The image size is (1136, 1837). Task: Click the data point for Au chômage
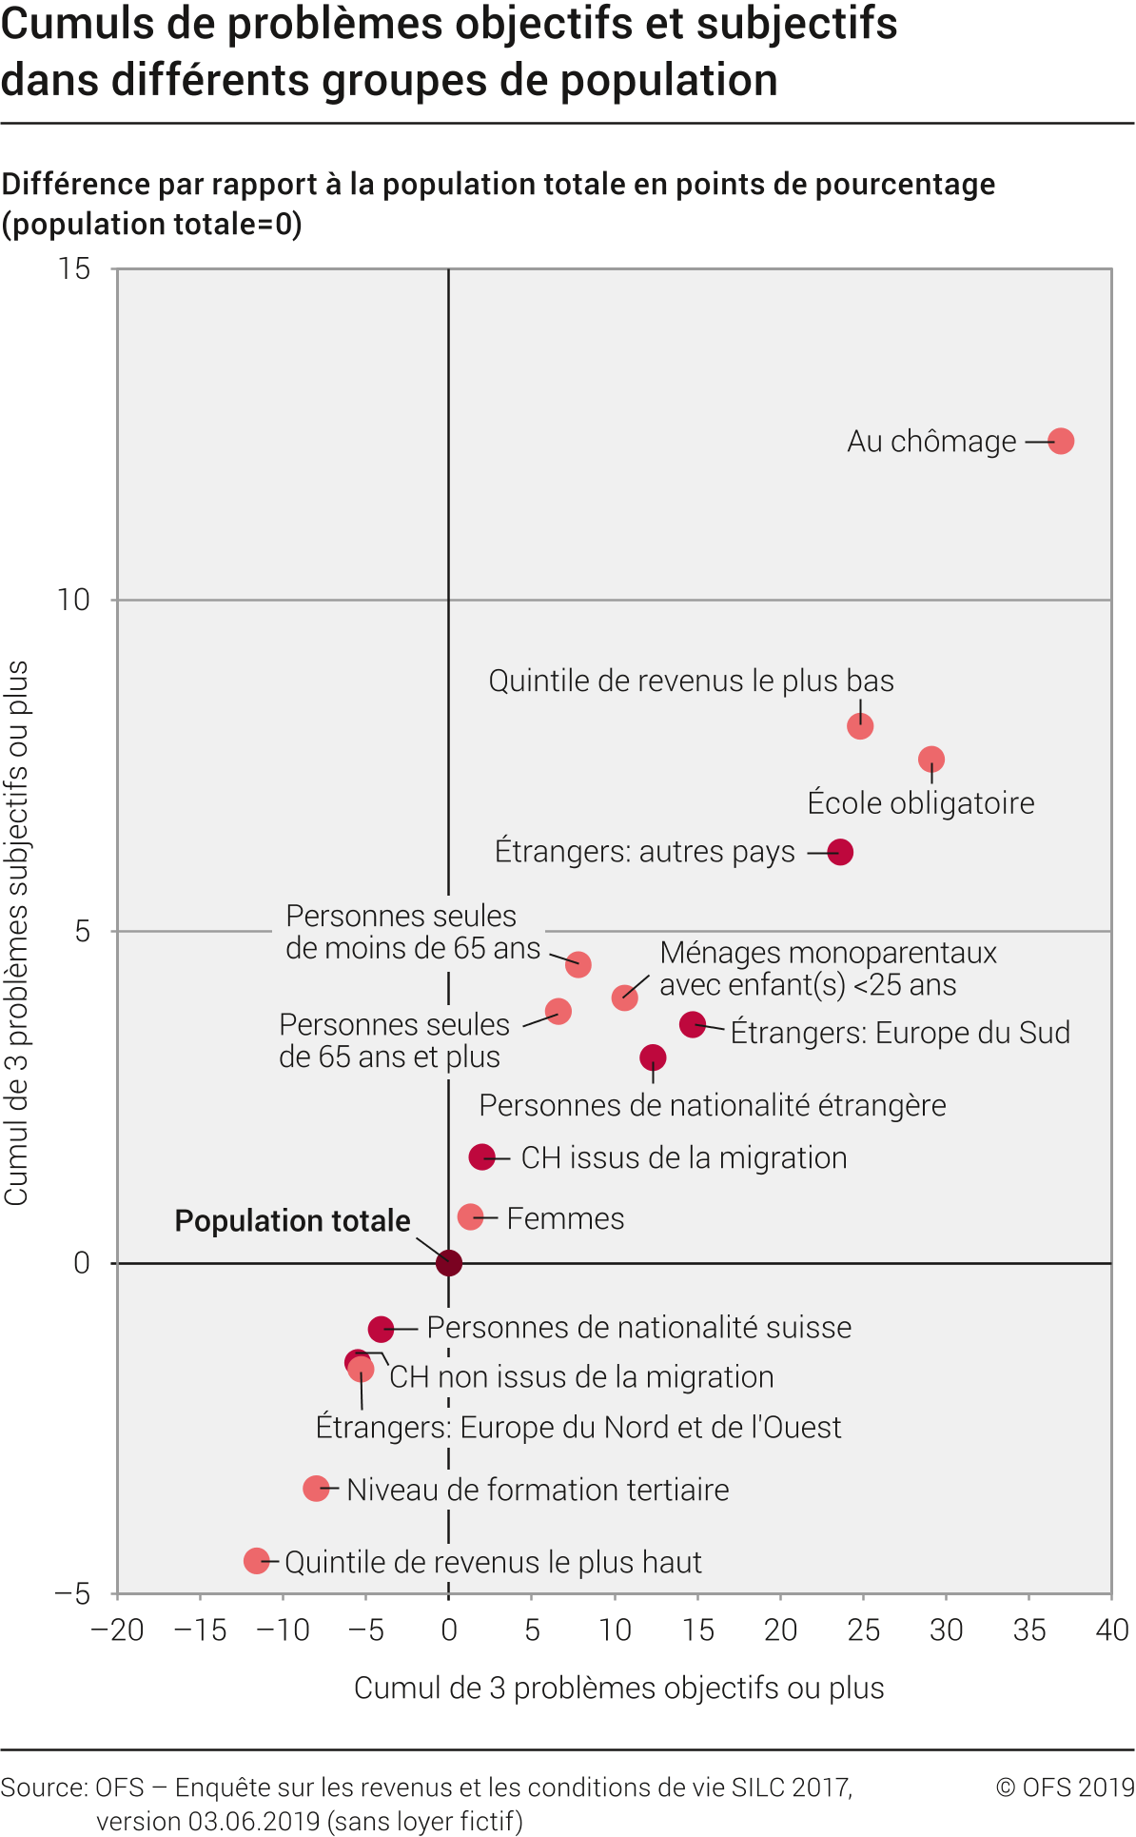click(1061, 441)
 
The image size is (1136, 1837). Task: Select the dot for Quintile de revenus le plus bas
click(860, 726)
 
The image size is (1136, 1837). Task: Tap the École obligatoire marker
click(931, 760)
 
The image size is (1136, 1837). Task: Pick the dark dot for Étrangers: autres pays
click(840, 852)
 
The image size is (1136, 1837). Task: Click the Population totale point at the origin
click(449, 1263)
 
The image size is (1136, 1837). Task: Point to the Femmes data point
click(470, 1216)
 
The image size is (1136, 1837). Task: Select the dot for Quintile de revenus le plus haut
click(256, 1561)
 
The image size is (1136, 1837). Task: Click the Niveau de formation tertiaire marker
click(316, 1489)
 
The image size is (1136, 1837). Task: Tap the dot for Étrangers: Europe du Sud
click(693, 1024)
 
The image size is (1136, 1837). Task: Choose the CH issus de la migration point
click(482, 1157)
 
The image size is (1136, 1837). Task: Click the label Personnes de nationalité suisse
click(638, 1328)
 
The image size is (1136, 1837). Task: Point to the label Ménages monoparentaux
click(828, 953)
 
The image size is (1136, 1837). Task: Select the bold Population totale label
click(292, 1221)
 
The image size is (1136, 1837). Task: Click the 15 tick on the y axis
click(74, 269)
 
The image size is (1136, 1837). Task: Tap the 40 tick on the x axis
click(1111, 1630)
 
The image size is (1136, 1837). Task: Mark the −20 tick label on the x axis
click(117, 1630)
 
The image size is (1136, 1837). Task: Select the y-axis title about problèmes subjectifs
click(17, 933)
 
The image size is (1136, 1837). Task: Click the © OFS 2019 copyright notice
click(1065, 1788)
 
